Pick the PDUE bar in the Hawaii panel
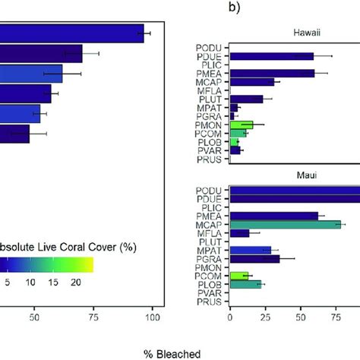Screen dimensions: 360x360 [270, 56]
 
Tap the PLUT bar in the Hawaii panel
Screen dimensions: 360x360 [245, 99]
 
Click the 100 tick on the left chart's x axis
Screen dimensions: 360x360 [153, 316]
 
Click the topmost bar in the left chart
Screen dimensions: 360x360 [71, 33]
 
